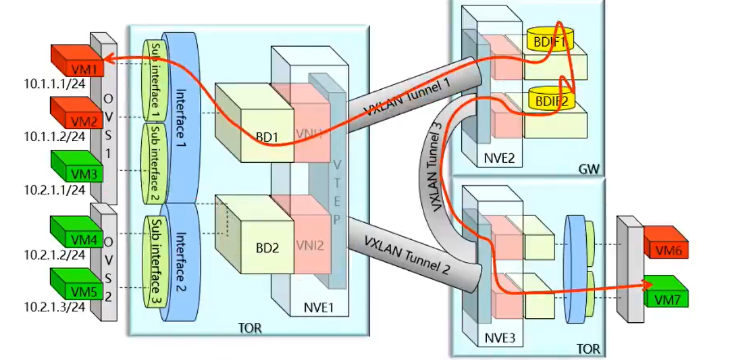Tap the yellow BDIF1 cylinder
548,43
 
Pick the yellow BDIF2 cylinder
548,102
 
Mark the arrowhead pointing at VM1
109,60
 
